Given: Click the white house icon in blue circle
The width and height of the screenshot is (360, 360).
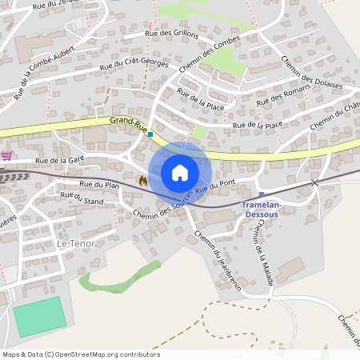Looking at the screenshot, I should (x=180, y=173).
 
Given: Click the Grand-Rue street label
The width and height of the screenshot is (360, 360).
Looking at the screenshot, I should (x=129, y=122).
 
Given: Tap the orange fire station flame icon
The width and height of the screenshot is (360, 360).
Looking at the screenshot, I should (x=142, y=181).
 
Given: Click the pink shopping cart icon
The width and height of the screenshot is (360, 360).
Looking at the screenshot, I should (x=7, y=155).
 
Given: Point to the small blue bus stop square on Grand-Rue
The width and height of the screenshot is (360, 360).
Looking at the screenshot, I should (x=150, y=134).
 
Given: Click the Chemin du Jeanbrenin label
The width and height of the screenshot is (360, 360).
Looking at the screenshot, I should (x=217, y=259).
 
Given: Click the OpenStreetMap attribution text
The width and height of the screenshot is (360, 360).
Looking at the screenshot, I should (x=80, y=354).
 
